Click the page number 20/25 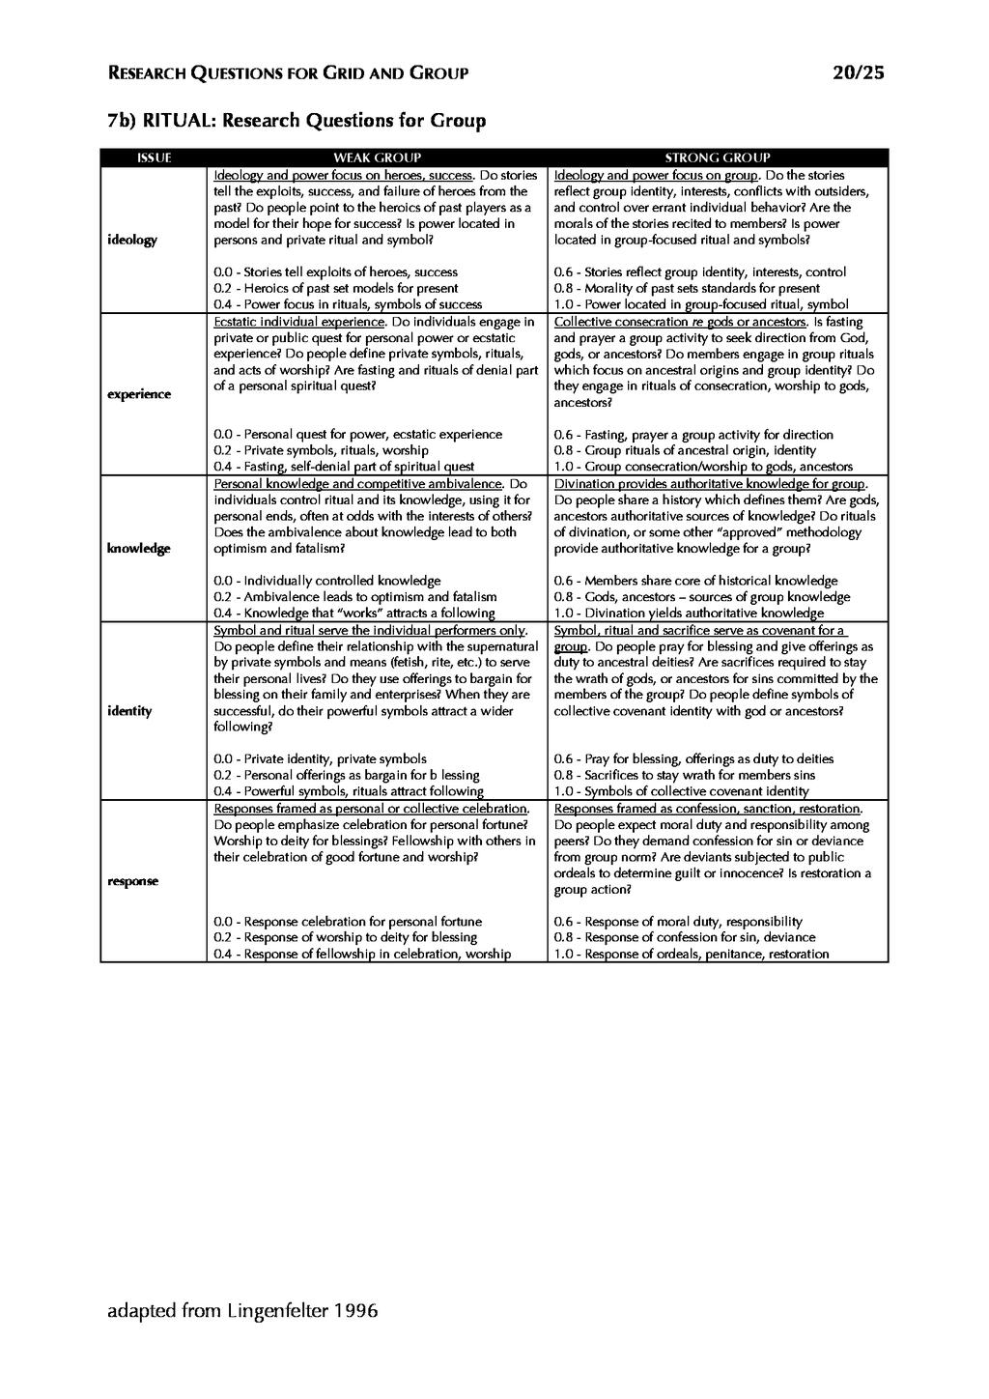[858, 72]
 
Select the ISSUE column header [154, 157]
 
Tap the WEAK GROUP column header [377, 157]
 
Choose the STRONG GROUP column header [717, 157]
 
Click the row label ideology [131, 240]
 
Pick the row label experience [138, 394]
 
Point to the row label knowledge [138, 549]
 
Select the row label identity [129, 711]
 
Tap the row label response [132, 881]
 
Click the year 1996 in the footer [355, 1311]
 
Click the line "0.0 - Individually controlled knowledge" [326, 581]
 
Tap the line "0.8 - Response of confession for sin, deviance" [684, 937]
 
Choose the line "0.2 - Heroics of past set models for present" [335, 288]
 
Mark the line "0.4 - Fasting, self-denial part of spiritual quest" [343, 467]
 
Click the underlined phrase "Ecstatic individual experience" [299, 322]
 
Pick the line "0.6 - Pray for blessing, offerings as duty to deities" [693, 759]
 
